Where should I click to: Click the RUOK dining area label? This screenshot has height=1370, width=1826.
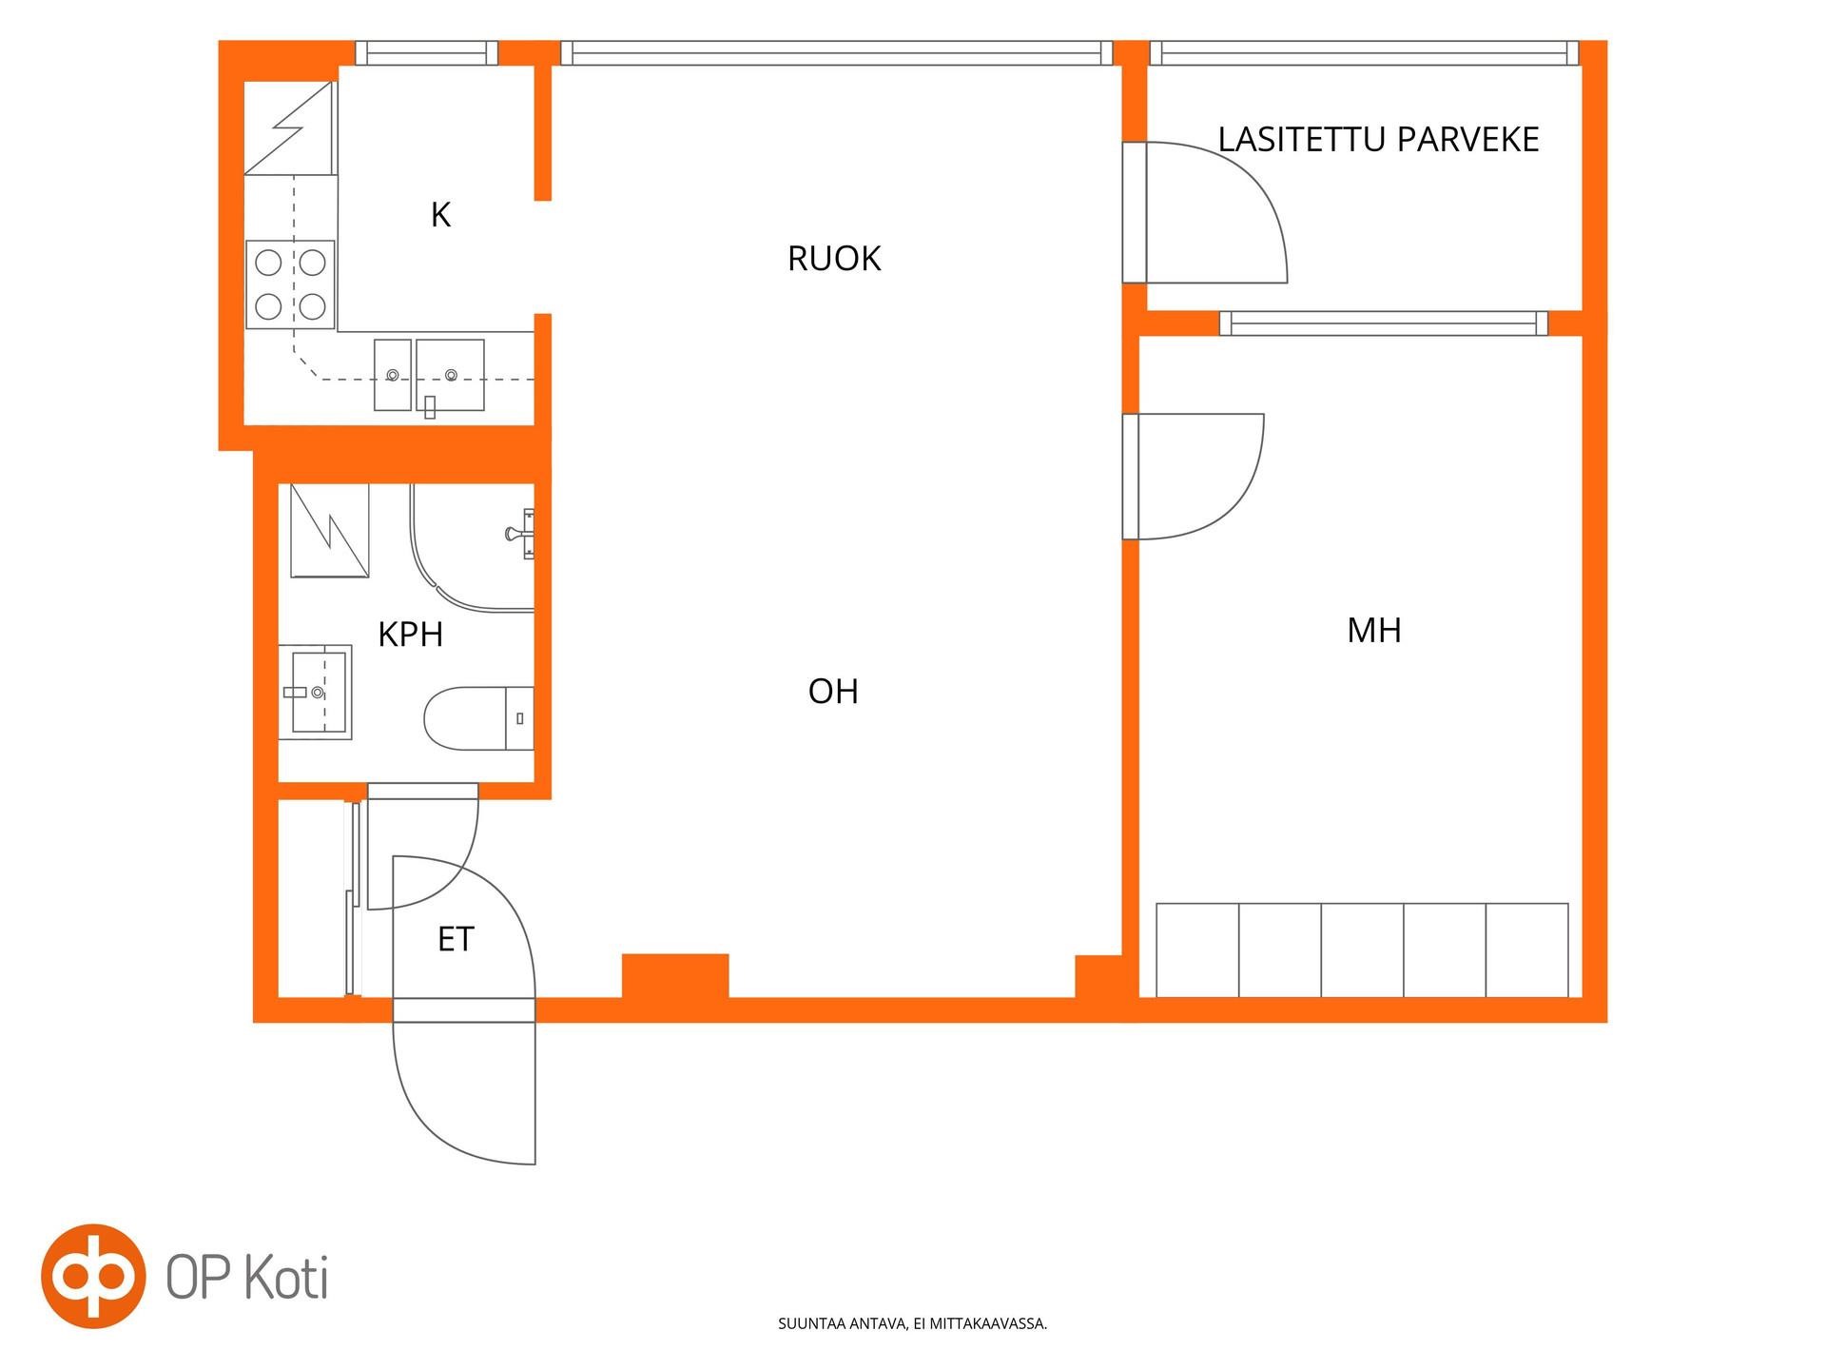click(x=834, y=259)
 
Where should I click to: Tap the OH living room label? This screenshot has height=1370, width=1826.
click(x=833, y=692)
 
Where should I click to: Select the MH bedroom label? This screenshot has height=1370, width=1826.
click(x=1374, y=630)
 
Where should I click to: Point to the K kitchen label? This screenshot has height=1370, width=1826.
click(x=440, y=215)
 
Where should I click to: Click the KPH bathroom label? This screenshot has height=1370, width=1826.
click(x=411, y=635)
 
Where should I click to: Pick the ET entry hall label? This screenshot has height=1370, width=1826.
click(x=456, y=940)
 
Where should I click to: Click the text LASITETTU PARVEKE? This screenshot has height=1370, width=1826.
click(x=1378, y=140)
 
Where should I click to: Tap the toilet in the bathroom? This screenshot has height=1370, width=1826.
click(x=478, y=718)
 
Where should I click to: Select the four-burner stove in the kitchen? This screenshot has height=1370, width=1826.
click(x=290, y=284)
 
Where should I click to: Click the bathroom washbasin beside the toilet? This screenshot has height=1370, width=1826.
click(x=315, y=692)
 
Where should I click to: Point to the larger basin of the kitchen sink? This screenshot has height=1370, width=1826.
click(x=450, y=375)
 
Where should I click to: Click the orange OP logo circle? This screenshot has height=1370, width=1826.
click(x=93, y=1276)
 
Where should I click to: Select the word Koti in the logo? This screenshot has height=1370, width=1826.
click(x=287, y=1277)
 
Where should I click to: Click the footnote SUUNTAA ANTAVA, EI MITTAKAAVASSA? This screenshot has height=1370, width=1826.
click(x=912, y=1323)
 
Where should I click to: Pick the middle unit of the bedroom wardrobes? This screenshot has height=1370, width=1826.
click(x=1362, y=950)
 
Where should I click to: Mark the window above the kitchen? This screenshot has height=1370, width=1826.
click(x=426, y=52)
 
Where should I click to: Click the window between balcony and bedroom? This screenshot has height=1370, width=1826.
click(x=1384, y=323)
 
